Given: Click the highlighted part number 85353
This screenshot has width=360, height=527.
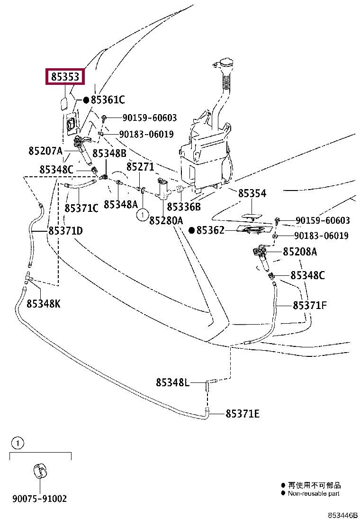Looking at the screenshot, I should (x=65, y=77).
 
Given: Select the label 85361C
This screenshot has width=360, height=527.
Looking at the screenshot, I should (x=108, y=100).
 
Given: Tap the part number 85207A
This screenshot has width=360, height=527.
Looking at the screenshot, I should (x=45, y=151).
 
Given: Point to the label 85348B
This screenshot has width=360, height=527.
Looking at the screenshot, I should (x=109, y=153).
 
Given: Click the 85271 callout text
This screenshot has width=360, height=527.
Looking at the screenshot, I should (x=140, y=167).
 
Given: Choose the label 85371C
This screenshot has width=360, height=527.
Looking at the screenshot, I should (x=81, y=208).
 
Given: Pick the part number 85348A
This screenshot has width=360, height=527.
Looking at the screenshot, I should (x=120, y=204).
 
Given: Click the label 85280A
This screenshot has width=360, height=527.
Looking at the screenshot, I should (x=166, y=220).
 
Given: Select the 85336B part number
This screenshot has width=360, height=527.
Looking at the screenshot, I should (x=184, y=207).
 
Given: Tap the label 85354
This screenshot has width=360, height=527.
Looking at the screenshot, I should (x=252, y=193).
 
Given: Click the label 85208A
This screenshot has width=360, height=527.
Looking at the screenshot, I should (x=300, y=252).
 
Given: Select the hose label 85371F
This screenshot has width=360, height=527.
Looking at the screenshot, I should (x=310, y=306).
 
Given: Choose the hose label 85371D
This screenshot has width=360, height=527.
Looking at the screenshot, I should (x=65, y=231).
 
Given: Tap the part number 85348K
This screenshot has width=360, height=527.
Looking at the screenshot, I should (x=43, y=304).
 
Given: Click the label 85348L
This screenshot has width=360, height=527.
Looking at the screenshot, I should (x=172, y=382).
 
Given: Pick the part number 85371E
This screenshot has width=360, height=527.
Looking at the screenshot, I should (x=243, y=414).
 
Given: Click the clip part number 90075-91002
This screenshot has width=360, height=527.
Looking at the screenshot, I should (x=39, y=499).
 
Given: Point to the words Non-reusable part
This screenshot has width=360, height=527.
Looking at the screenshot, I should (x=314, y=493).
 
